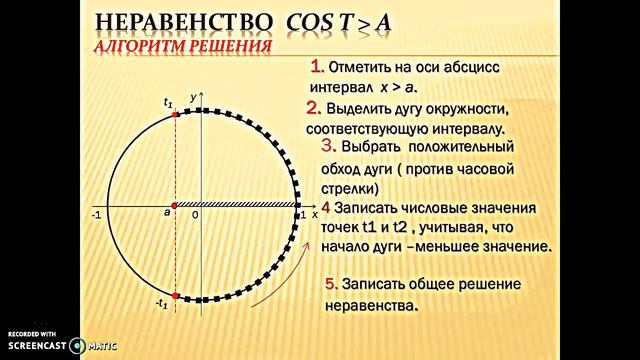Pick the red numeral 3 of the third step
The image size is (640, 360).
(326, 146)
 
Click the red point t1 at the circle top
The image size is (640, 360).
(175, 115)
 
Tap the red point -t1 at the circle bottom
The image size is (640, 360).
(175, 296)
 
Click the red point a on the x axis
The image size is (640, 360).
(174, 206)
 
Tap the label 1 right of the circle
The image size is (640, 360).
(303, 215)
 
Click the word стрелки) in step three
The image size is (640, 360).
(352, 187)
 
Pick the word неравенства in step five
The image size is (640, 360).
(368, 306)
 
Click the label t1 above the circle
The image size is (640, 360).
(168, 101)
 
